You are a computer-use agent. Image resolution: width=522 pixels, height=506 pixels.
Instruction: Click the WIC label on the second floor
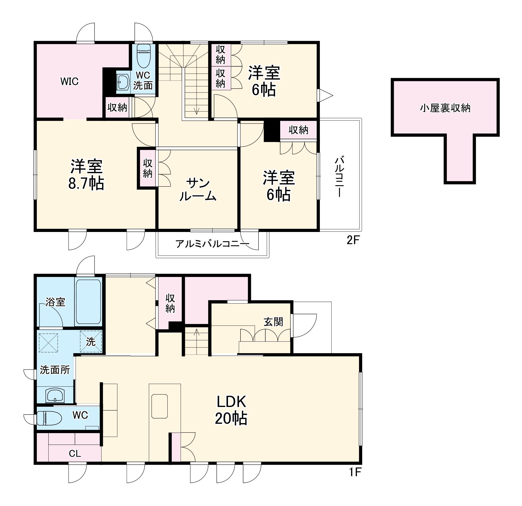(x=69, y=81)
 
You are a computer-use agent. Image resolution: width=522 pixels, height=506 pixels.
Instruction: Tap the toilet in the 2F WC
(x=144, y=56)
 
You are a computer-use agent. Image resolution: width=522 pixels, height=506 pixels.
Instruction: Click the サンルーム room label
(x=198, y=190)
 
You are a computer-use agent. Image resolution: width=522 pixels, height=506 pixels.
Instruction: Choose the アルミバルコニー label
(x=212, y=243)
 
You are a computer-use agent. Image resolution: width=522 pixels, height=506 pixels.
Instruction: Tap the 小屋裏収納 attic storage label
(x=445, y=108)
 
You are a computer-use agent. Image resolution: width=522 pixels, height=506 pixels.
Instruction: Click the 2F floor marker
(x=353, y=241)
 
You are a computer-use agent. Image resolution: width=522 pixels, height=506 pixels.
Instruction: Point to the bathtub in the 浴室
(x=89, y=301)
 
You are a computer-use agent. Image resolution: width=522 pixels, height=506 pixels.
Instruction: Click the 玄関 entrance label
(x=273, y=322)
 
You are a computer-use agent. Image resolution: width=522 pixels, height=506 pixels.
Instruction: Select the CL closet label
(x=75, y=453)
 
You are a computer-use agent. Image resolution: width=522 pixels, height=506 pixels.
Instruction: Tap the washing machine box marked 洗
(x=91, y=342)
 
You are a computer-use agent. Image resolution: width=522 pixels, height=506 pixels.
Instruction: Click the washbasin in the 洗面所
(x=55, y=396)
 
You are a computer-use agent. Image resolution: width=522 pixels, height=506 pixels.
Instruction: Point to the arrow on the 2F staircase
(x=197, y=109)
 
